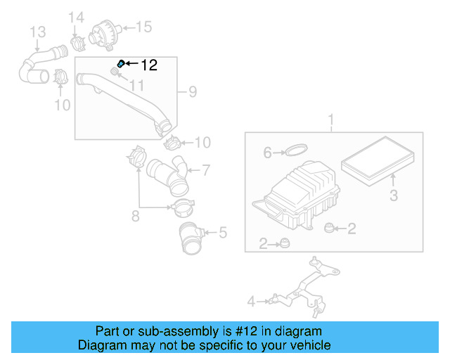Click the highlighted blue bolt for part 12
120,64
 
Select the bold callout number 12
149,65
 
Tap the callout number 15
143,27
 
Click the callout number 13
37,32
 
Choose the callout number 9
192,91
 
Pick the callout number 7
206,169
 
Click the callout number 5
136,217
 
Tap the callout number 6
267,153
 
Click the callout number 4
251,302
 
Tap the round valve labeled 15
105,32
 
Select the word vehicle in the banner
310,345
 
